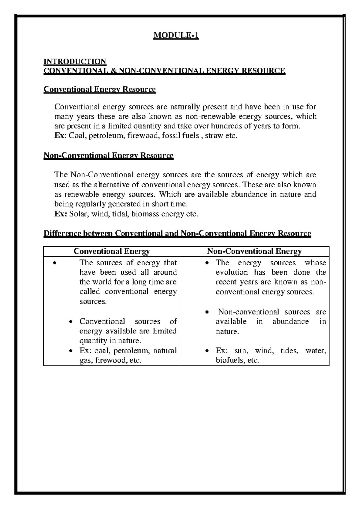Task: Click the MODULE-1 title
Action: [176, 36]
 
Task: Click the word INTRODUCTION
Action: [75, 62]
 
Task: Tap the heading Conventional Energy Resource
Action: [100, 89]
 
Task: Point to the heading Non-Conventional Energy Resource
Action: [108, 155]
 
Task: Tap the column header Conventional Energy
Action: [112, 251]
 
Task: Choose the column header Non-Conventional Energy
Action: [254, 251]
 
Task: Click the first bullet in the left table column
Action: [54, 264]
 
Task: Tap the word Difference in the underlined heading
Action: [62, 233]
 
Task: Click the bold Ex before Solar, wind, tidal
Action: [60, 214]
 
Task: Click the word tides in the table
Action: [289, 351]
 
